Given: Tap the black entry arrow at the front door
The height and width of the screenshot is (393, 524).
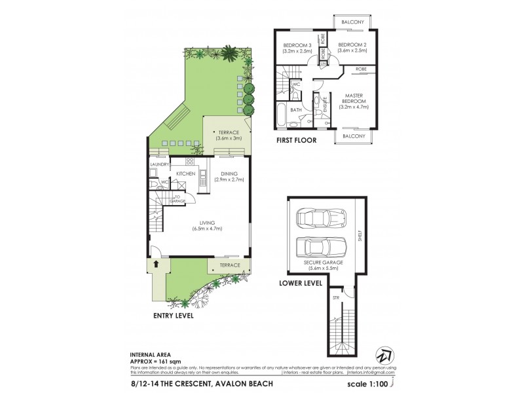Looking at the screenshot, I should (x=157, y=264).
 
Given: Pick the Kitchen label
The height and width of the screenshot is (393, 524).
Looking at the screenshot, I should (x=187, y=174).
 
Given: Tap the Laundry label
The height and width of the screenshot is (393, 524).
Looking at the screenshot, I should (x=159, y=164).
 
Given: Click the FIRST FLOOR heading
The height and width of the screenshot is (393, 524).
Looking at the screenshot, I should (x=297, y=140).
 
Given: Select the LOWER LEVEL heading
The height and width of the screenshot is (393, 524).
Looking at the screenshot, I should (x=300, y=283).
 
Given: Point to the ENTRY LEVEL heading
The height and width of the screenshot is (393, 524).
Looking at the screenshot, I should (x=173, y=315).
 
